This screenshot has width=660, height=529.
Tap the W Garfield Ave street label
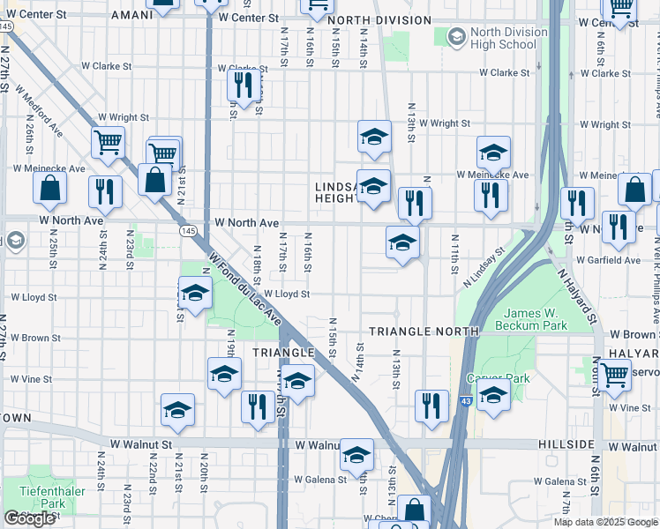click(x=608, y=260)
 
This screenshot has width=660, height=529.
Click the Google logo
click(x=30, y=518)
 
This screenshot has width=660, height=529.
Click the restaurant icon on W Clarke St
click(x=240, y=85)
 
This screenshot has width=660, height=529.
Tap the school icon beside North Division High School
click(x=456, y=37)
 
